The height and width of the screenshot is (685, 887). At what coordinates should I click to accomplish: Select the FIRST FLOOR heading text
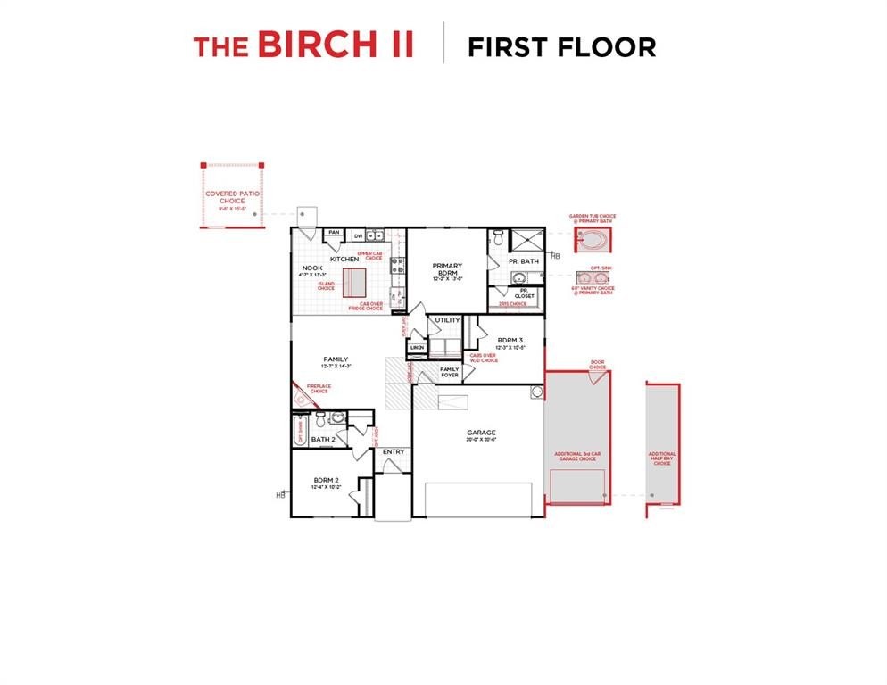point(561,46)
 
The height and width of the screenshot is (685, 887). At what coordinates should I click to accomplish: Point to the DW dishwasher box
point(358,236)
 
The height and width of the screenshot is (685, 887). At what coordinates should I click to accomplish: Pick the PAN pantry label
point(334,233)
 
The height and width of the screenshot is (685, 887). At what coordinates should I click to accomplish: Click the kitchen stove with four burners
point(397,265)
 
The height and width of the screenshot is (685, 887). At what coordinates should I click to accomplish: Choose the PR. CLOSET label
point(525,293)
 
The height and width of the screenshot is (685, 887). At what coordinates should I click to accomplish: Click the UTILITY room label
point(447,320)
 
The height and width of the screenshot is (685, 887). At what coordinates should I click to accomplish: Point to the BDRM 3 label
point(510,340)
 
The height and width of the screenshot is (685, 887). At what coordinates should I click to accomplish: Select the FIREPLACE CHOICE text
point(319,389)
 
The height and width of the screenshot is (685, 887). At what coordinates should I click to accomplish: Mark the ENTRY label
point(394,451)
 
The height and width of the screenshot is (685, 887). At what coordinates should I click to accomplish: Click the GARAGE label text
point(481,433)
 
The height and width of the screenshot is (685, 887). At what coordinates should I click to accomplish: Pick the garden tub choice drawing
point(593,239)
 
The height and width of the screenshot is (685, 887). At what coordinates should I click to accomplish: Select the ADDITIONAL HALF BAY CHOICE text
point(662,458)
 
